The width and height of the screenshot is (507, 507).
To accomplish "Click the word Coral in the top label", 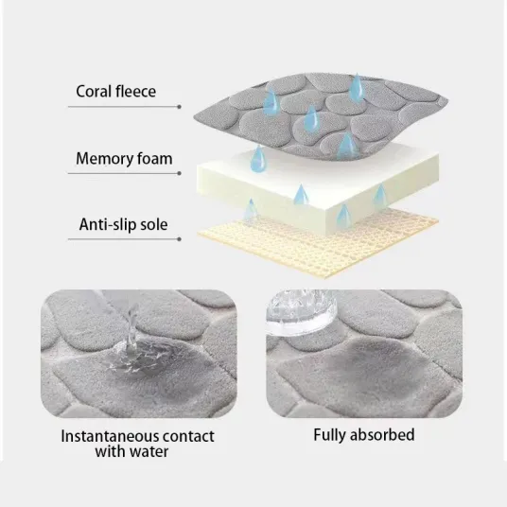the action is pos(94,92).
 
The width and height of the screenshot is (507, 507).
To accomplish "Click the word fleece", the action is pos(136,91).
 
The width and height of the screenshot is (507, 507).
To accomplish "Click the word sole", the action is pos(154,224).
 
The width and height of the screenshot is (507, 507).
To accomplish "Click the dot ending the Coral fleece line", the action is pos(179,107).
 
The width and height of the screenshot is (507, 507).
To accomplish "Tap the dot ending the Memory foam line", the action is pos(179,173).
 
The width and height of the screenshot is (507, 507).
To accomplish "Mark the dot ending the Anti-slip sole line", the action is pos(179,239).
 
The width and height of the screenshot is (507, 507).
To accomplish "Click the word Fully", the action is pos(330,435).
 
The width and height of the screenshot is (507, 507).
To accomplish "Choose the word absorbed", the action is pos(382,434).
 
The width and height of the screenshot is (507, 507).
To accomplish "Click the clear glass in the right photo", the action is pos(302,312).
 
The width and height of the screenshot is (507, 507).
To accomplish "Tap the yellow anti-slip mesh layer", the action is pos(319,246).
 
